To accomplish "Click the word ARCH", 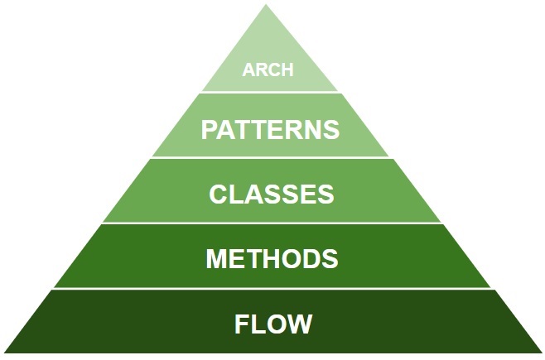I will (x=268, y=70).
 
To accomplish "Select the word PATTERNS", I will (x=271, y=130).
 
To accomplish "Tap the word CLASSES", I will (x=272, y=194).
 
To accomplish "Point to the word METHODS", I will (x=272, y=258).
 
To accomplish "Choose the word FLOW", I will (x=273, y=324).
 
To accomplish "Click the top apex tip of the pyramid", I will (x=268, y=5).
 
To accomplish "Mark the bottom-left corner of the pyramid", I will (x=3, y=353).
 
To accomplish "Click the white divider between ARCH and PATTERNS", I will (x=269, y=92).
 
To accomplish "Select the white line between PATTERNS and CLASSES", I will (x=269, y=157).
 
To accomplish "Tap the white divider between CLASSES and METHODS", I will (x=269, y=223).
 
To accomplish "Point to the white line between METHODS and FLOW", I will (x=269, y=289).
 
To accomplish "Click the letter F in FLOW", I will (x=243, y=324).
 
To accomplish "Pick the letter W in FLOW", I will (x=300, y=324).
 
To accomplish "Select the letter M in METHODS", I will (x=216, y=258).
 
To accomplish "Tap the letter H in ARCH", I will (x=287, y=70).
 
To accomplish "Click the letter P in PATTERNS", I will (x=210, y=130).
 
